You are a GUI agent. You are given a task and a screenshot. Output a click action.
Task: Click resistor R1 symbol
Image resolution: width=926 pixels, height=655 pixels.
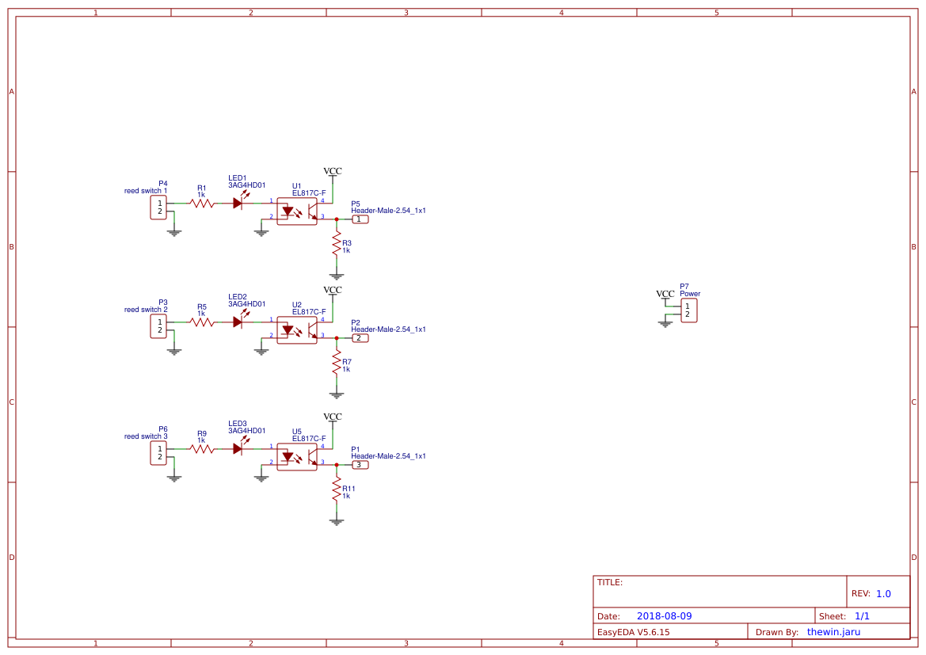[x=202, y=204]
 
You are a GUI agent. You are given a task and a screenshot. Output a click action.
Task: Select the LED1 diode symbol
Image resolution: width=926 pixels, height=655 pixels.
[x=238, y=204]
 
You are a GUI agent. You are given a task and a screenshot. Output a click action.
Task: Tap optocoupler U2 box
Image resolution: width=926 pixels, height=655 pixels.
[x=297, y=330]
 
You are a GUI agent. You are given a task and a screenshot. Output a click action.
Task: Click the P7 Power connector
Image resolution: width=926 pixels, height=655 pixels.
[x=688, y=310]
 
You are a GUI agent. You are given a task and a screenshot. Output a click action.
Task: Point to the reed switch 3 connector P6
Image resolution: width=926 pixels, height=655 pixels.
[x=158, y=452]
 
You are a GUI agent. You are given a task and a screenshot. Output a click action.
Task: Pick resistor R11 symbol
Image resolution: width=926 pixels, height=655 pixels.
[x=337, y=489]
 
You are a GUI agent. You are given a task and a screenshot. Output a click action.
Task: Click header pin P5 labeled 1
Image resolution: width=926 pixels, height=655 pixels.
[x=360, y=219]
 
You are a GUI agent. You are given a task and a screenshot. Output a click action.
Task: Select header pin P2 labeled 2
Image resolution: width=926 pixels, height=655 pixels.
[x=360, y=338]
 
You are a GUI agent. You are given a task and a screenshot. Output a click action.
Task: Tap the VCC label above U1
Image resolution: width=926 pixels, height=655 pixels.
[x=333, y=171]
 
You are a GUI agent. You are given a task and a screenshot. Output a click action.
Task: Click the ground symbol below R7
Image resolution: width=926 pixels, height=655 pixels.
[x=337, y=394]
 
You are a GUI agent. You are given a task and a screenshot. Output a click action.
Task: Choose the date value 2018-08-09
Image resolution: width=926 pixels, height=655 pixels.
[x=664, y=616]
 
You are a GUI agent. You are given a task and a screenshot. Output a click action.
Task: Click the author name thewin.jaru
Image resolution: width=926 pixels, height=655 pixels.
[x=833, y=632]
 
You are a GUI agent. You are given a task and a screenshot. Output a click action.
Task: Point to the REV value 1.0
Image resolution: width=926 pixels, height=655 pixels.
[x=883, y=593]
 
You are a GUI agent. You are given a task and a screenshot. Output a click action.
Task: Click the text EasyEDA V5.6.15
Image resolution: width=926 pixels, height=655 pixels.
[x=633, y=632]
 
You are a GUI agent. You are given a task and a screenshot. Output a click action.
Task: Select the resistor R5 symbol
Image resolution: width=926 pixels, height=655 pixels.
[x=202, y=322]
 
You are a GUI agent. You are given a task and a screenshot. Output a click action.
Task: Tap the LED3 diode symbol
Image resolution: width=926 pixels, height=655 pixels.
[x=238, y=449]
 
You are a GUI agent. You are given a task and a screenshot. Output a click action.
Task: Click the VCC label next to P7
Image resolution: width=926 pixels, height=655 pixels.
[x=665, y=294]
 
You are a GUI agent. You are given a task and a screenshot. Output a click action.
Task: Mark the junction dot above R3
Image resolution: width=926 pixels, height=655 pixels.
[x=337, y=219]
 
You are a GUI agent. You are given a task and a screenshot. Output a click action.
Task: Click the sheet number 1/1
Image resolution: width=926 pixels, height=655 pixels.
[x=862, y=616]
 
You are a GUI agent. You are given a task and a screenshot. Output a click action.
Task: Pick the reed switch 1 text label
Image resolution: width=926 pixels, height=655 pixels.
[x=146, y=191]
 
